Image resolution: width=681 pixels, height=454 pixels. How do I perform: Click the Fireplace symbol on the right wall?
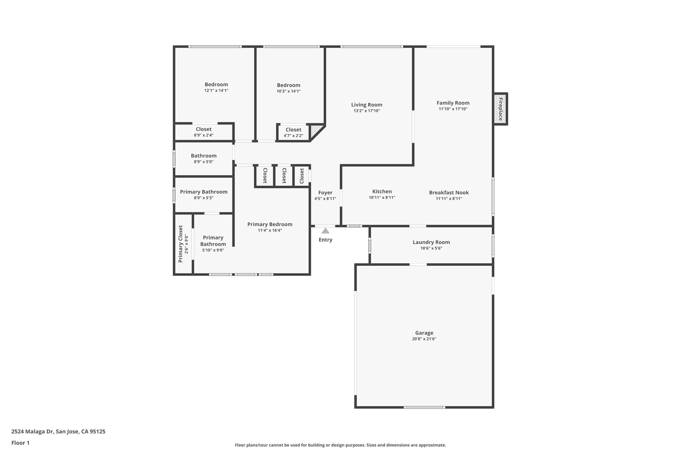pyautogui.click(x=500, y=109)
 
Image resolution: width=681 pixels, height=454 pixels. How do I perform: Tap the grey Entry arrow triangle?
pyautogui.click(x=326, y=231)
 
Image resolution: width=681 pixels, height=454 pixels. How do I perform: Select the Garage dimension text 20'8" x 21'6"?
pyautogui.click(x=424, y=339)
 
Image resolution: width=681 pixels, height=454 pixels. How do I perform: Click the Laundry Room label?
pyautogui.click(x=431, y=242)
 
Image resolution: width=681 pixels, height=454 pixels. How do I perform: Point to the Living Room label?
pyautogui.click(x=367, y=105)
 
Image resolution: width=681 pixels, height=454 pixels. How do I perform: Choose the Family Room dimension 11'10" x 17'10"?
pyautogui.click(x=453, y=109)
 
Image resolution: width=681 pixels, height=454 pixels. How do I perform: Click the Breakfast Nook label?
pyautogui.click(x=449, y=193)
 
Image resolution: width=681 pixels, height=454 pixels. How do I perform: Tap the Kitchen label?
pyautogui.click(x=382, y=192)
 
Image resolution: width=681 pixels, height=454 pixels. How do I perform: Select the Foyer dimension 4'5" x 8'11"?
pyautogui.click(x=325, y=199)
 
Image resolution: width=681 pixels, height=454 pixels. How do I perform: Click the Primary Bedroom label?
pyautogui.click(x=270, y=224)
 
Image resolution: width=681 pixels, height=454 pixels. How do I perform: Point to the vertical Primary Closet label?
pyautogui.click(x=181, y=244)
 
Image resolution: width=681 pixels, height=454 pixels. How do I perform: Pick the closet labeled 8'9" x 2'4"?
pyautogui.click(x=204, y=132)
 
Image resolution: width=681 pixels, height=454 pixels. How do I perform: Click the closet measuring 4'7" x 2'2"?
pyautogui.click(x=293, y=132)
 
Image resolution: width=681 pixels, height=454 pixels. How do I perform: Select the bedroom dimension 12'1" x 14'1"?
pyautogui.click(x=216, y=90)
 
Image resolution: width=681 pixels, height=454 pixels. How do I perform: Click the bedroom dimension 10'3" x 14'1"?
pyautogui.click(x=289, y=91)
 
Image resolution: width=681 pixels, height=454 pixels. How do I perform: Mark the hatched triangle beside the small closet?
pyautogui.click(x=315, y=132)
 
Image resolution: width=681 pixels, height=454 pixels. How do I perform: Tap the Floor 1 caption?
pyautogui.click(x=20, y=443)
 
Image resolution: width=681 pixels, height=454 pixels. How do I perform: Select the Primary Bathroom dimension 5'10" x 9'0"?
pyautogui.click(x=213, y=250)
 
